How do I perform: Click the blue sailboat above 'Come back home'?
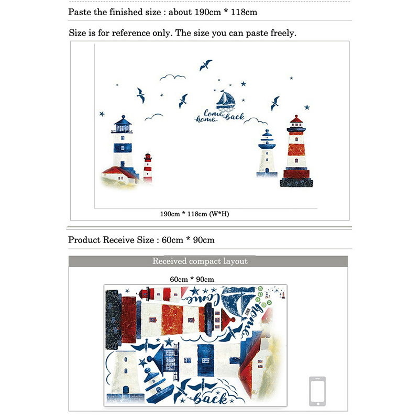click(x=226, y=100)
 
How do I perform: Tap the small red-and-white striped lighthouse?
click(x=148, y=168)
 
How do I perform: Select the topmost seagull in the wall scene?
click(x=205, y=65)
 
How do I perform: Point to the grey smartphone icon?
click(x=317, y=391)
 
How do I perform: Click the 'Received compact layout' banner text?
click(x=200, y=261)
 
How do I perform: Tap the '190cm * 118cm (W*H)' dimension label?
click(x=194, y=214)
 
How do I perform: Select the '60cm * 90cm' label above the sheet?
click(x=192, y=279)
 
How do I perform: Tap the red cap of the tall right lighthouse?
click(x=296, y=119)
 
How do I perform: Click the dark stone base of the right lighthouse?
click(x=296, y=182)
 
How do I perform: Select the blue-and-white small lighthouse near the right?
click(x=267, y=153)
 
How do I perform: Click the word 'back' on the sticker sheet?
click(x=211, y=398)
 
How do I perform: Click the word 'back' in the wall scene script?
click(x=235, y=117)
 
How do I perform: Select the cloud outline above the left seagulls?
click(x=173, y=78)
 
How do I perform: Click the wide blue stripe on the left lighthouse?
click(x=123, y=148)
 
